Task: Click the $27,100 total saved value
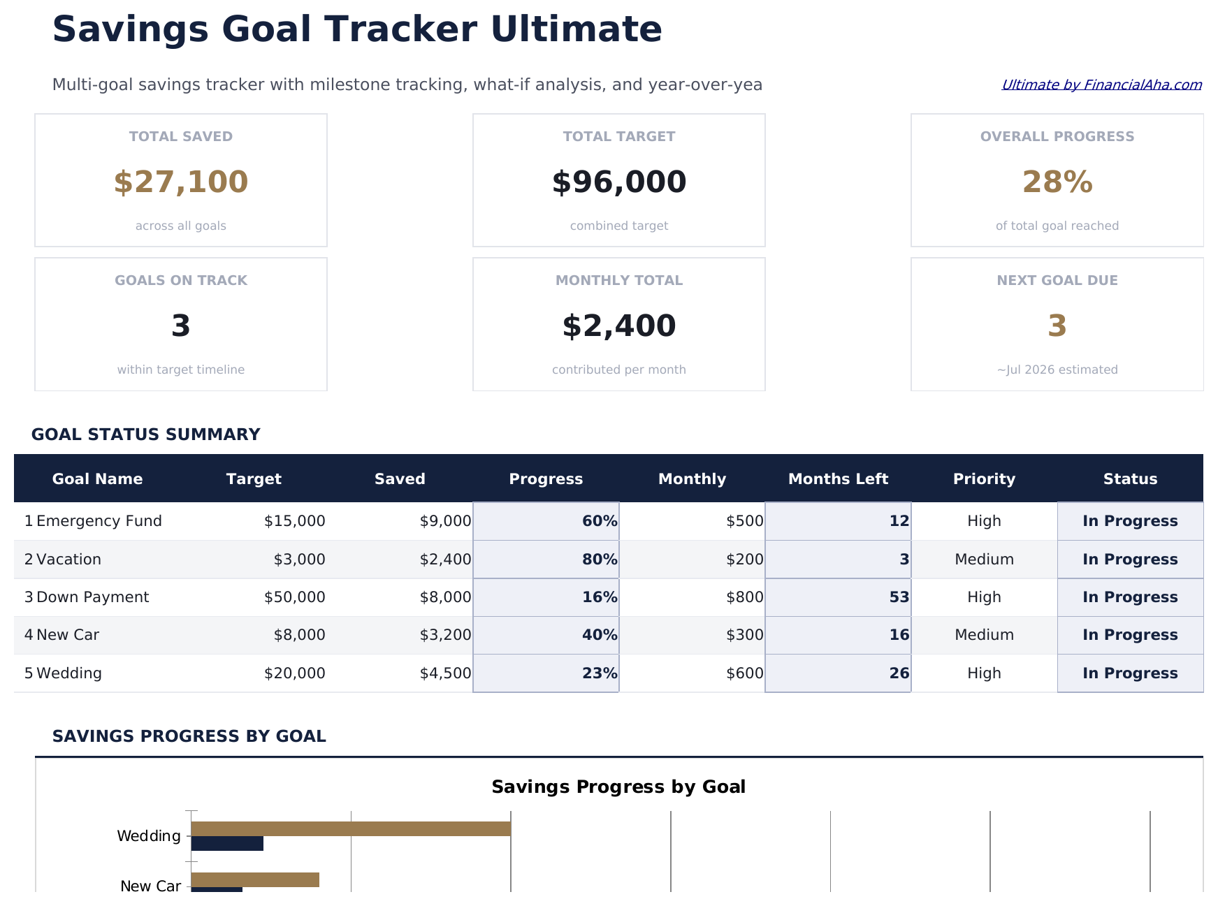tap(180, 182)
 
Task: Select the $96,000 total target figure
tap(618, 182)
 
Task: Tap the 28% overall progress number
tap(1057, 182)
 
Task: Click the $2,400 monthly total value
tap(618, 326)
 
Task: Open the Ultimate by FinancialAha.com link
tap(1101, 85)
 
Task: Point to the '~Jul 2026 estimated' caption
tap(1057, 370)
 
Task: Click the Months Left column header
tap(838, 479)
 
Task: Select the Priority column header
tap(984, 479)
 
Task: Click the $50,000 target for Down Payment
tap(294, 597)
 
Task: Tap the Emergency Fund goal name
tap(99, 521)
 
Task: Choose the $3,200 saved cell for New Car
tap(445, 635)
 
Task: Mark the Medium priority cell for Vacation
tap(984, 560)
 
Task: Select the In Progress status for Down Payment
tap(1130, 597)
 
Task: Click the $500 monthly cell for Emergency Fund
tap(744, 521)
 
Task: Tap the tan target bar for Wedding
tap(350, 828)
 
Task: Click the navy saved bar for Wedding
tap(227, 844)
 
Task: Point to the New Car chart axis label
tap(150, 886)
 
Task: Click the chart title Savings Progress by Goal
tap(618, 787)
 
